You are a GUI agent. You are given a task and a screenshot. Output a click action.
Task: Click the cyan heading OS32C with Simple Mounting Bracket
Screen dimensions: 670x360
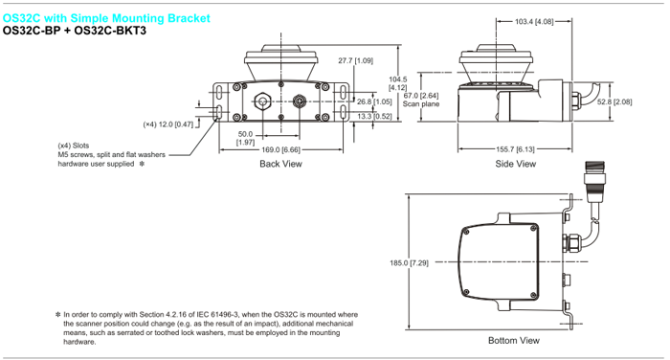pyautogui.click(x=106, y=18)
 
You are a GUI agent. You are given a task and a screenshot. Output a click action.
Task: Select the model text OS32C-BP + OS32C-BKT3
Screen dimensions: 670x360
pyautogui.click(x=75, y=31)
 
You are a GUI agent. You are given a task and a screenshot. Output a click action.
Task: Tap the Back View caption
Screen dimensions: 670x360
pyautogui.click(x=280, y=164)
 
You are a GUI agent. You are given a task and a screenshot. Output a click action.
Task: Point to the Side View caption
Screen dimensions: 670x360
pyautogui.click(x=515, y=164)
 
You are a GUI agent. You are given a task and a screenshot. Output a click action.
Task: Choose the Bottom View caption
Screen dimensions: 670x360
pyautogui.click(x=514, y=340)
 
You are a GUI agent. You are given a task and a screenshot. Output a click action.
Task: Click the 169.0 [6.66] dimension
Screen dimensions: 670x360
pyautogui.click(x=280, y=149)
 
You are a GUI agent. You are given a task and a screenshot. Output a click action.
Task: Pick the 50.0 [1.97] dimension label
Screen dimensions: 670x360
pyautogui.click(x=245, y=138)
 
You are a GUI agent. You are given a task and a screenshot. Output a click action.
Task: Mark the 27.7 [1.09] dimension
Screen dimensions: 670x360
pyautogui.click(x=355, y=60)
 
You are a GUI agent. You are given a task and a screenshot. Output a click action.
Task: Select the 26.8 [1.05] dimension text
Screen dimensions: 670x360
pyautogui.click(x=374, y=101)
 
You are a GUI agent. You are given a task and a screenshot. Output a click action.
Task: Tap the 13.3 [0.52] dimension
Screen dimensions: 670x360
pyautogui.click(x=374, y=116)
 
